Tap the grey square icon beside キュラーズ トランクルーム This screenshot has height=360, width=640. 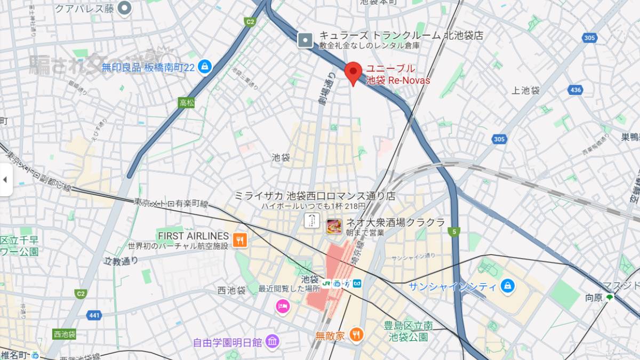point(305,39)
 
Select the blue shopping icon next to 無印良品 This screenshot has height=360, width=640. point(204,67)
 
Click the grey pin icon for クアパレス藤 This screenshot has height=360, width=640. point(125,8)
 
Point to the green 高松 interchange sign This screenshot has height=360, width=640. point(186,102)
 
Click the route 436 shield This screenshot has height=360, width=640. point(575,90)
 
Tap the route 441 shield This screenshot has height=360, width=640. point(94,315)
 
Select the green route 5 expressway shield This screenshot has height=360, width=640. point(453,231)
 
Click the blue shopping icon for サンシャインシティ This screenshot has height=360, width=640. point(508,286)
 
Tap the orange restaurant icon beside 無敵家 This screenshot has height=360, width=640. point(356,335)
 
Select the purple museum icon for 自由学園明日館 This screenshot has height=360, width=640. point(272,341)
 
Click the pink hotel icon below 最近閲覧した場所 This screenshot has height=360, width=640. point(282,306)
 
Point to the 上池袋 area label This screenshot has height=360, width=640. point(525,91)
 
